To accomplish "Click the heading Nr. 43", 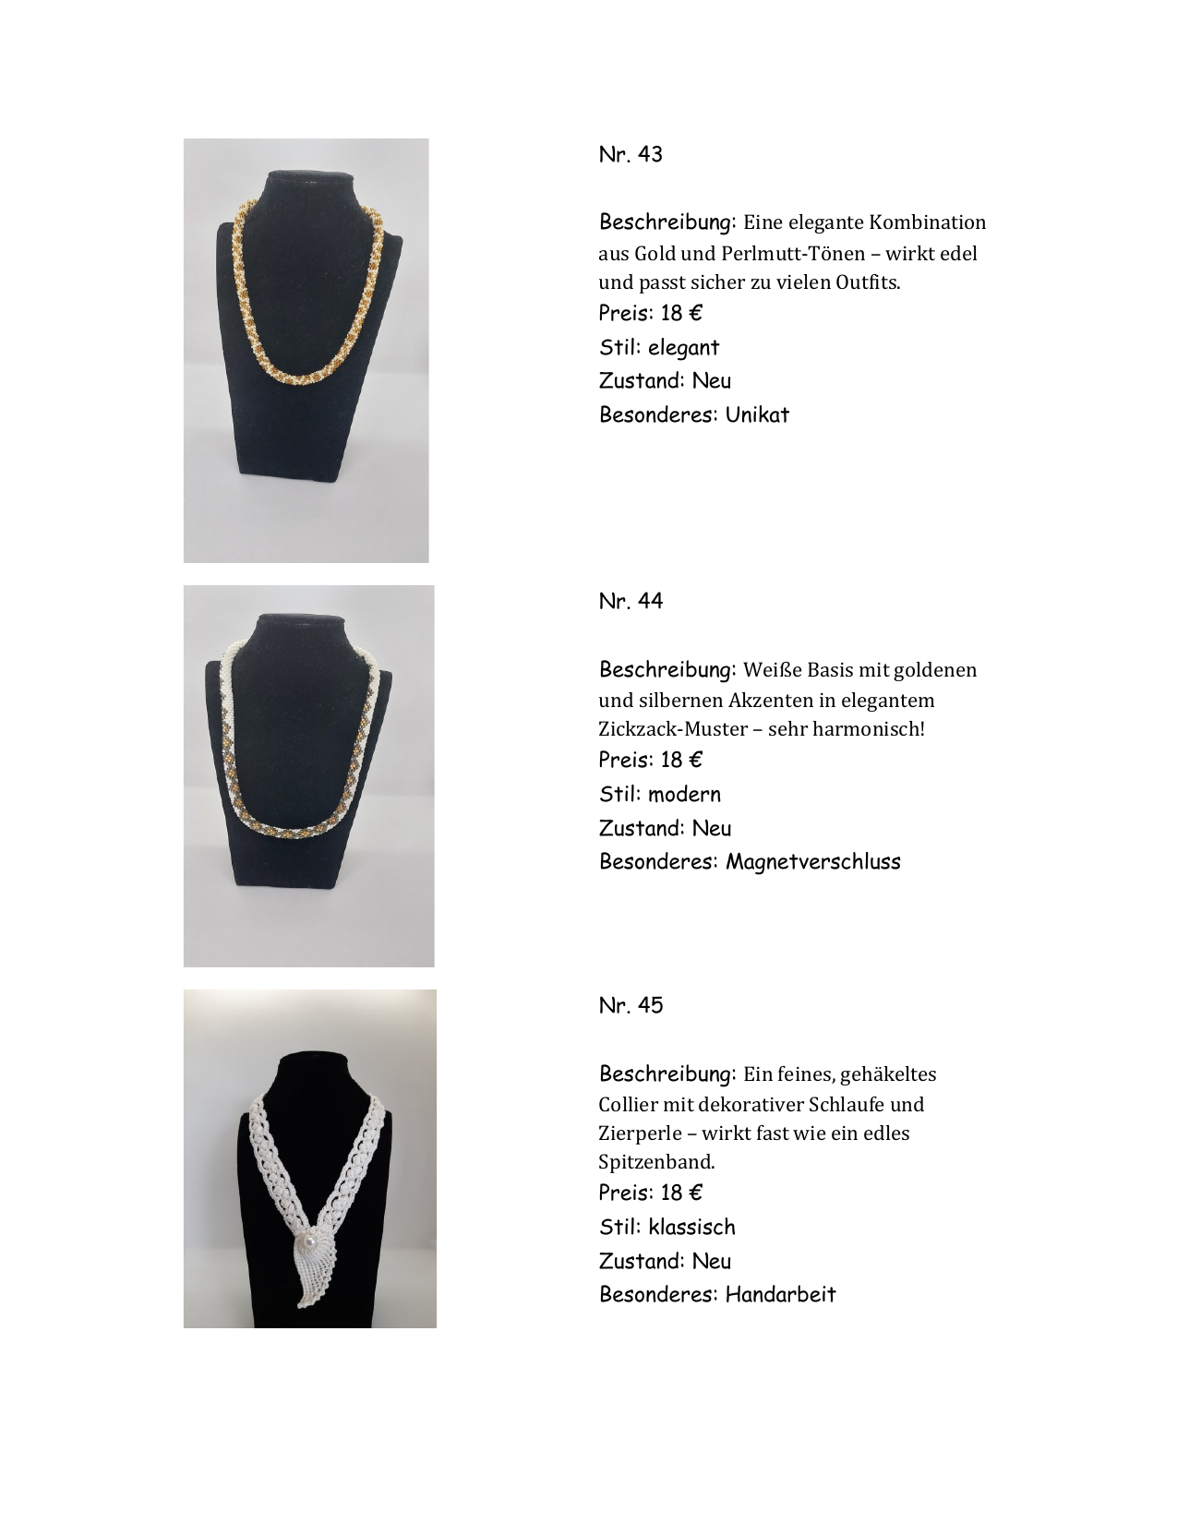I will point(631,154).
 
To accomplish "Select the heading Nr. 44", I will point(631,601).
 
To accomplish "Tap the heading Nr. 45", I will point(631,1005).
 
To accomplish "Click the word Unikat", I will point(757,414).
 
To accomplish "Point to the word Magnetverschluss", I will point(812,862).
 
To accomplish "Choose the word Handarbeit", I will point(780,1294).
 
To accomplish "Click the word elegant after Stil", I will point(683,348).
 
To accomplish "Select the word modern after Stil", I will point(684,795).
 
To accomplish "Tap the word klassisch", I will point(691,1228).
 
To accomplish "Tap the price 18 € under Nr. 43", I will point(681,314).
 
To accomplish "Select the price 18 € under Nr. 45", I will point(681,1193).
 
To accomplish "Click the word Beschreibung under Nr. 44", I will point(667,669).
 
